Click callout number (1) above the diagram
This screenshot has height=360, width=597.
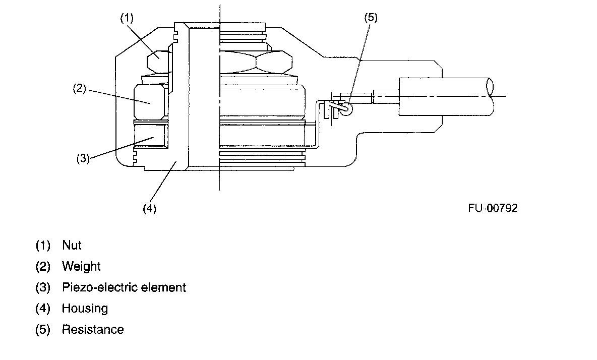click(126, 18)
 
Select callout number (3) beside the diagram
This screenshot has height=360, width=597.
click(83, 158)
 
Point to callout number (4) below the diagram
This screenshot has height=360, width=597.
click(149, 208)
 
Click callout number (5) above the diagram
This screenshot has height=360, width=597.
click(371, 18)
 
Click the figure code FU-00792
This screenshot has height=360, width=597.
click(492, 208)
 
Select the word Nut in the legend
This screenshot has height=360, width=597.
click(72, 246)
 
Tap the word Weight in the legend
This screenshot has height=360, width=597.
click(81, 266)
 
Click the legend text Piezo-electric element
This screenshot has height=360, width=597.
click(124, 287)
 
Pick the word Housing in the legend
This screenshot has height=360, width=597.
click(85, 308)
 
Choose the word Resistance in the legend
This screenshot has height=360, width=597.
click(93, 329)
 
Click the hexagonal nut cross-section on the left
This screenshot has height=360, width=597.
click(158, 63)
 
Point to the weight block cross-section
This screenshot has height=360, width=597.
click(149, 102)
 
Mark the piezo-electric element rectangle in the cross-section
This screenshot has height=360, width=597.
click(150, 135)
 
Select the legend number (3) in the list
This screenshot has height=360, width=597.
click(43, 287)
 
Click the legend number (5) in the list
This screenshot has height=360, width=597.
click(43, 329)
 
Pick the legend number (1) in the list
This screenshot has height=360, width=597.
click(43, 246)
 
